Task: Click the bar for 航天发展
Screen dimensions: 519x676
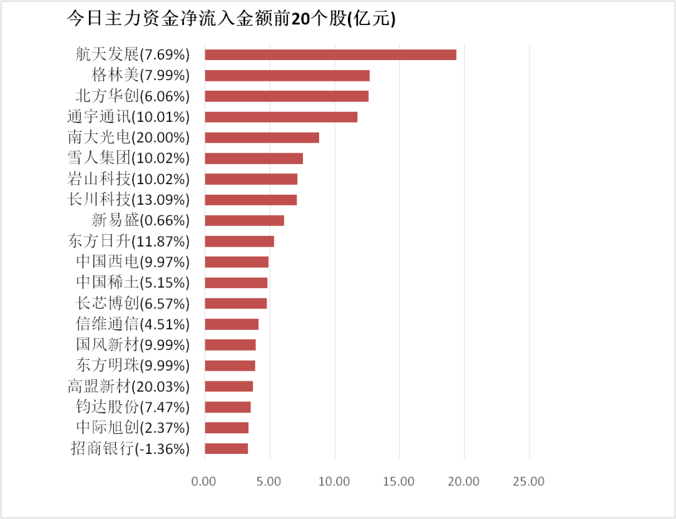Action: (330, 54)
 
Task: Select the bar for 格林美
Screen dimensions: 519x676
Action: (287, 76)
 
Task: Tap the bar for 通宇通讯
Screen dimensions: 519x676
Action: (280, 117)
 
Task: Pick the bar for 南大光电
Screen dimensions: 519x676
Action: (262, 138)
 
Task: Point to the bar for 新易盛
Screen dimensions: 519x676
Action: (244, 220)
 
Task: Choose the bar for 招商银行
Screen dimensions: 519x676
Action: (226, 448)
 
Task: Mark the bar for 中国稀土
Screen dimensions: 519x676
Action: (235, 282)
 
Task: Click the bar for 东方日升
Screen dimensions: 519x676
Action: (239, 241)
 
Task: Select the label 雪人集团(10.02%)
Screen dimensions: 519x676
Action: (128, 158)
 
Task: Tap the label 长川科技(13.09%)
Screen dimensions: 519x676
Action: (128, 200)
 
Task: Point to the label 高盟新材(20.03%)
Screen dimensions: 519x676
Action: (128, 386)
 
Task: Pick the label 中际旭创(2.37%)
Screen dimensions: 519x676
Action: (132, 428)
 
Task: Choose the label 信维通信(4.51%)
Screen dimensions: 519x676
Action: (132, 324)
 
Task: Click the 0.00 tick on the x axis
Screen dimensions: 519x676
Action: (204, 481)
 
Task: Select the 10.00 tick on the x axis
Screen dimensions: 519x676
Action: (334, 481)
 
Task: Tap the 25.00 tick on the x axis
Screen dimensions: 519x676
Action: (529, 481)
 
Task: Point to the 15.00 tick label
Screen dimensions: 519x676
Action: (399, 481)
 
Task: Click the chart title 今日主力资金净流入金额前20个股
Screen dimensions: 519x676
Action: (232, 19)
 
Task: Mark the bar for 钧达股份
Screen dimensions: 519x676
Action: (227, 407)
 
